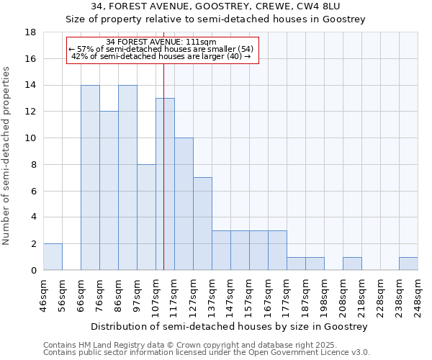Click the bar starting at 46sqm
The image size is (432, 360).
coord(53,257)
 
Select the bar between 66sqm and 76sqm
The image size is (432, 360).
coord(90,178)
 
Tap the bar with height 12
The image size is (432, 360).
coord(109,191)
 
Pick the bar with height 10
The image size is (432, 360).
coord(184,204)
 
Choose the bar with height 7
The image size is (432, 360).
coord(202,224)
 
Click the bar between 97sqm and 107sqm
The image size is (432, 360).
coord(146,217)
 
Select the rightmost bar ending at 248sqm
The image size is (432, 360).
coord(408,264)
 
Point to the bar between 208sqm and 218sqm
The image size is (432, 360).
coord(352,264)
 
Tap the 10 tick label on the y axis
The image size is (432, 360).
coord(31,138)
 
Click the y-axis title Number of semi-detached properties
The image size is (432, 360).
coord(7,156)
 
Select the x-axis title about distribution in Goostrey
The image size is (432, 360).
coord(230,326)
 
